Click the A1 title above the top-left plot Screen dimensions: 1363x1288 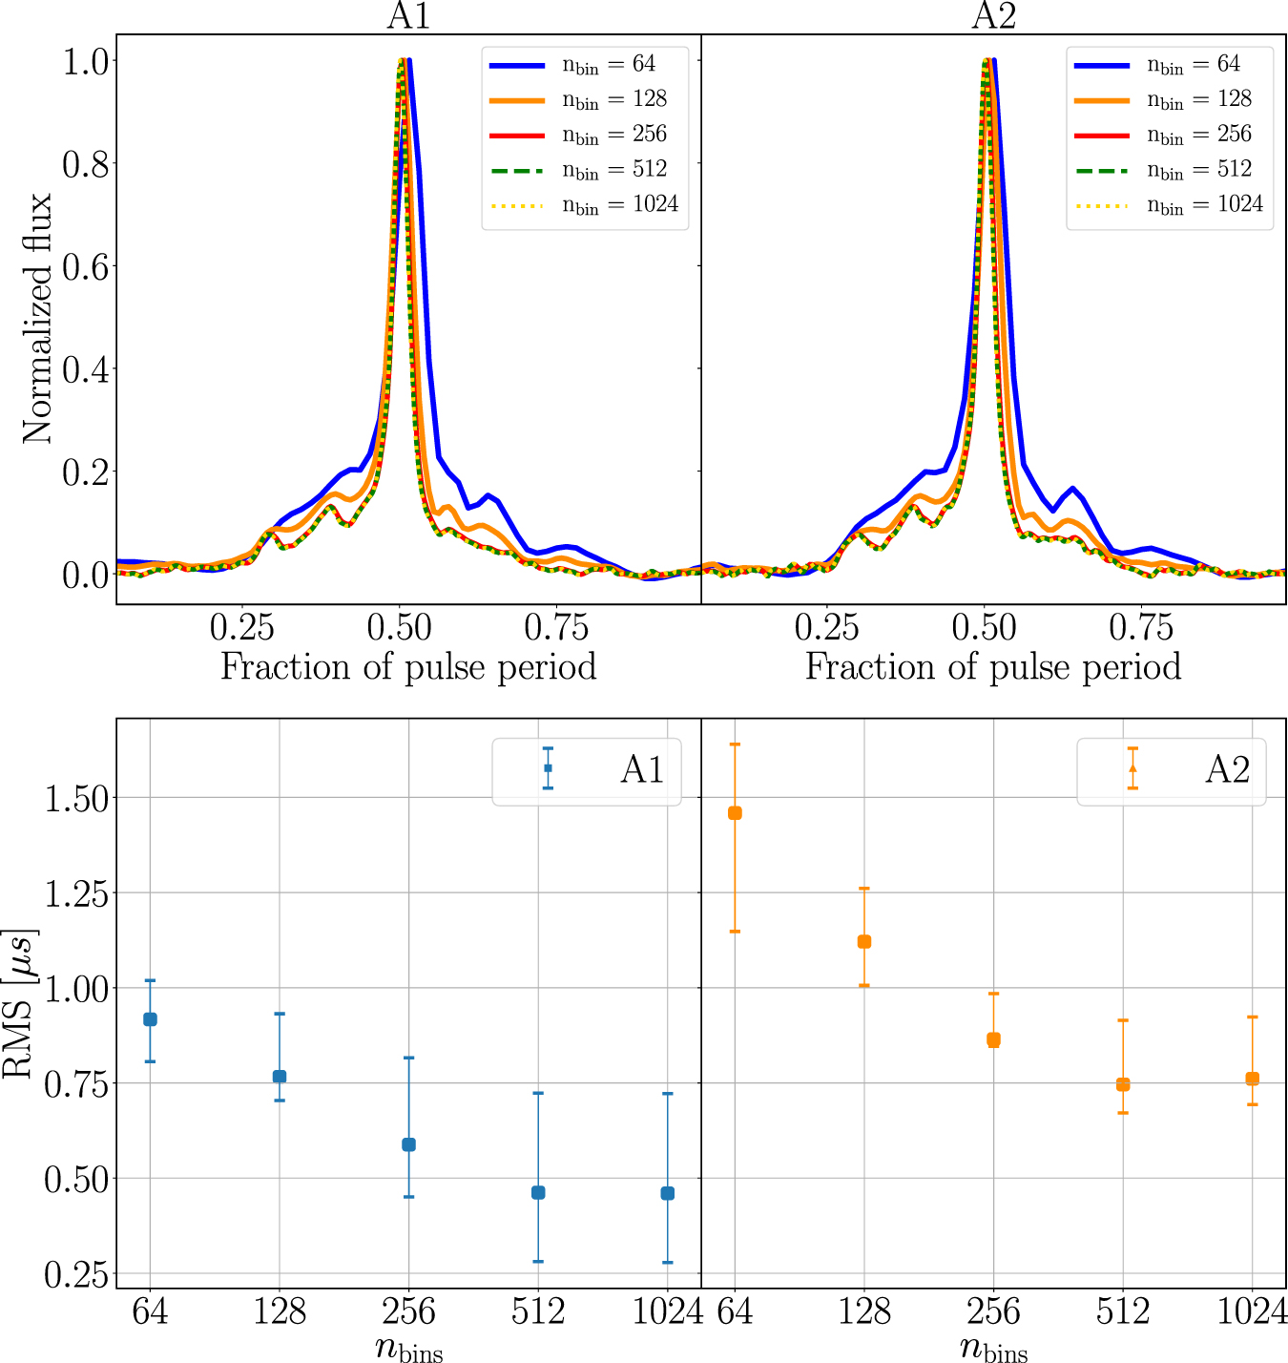pos(408,15)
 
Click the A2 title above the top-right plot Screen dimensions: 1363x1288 pos(993,15)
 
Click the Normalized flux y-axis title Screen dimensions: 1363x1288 pos(38,319)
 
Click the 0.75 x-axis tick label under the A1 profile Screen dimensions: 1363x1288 pos(556,628)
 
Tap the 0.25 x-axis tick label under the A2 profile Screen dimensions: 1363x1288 pos(826,628)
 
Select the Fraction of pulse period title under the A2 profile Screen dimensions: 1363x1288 pos(993,666)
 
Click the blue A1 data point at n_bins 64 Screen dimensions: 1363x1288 pos(150,1019)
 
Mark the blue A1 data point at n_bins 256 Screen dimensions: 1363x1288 pos(408,1144)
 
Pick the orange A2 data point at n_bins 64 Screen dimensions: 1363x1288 pos(735,813)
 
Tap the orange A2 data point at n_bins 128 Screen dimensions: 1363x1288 pos(864,942)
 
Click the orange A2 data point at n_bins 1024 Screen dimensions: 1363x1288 pos(1252,1079)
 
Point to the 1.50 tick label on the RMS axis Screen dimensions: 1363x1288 pos(76,798)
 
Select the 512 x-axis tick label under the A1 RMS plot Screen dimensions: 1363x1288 pos(538,1312)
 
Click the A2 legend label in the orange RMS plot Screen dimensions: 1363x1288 pos(1227,769)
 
